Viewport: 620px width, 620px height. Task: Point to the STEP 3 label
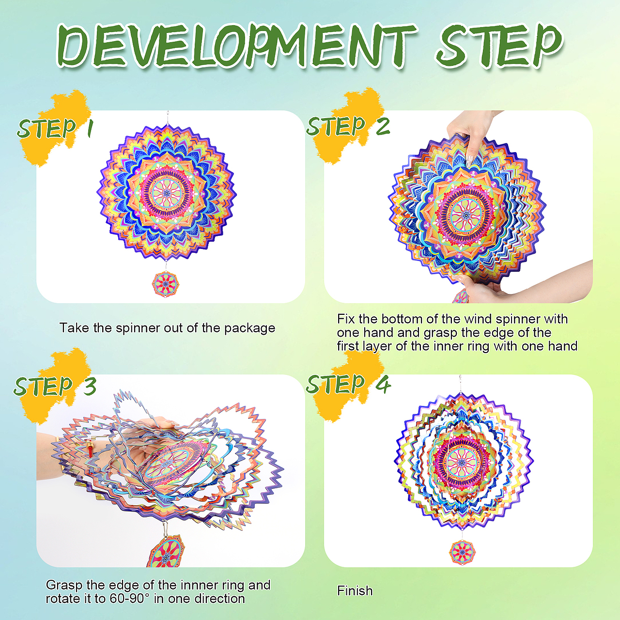(x=55, y=385)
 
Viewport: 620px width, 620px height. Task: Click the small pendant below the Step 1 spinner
(x=165, y=284)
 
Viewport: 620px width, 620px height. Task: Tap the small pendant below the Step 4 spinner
(x=462, y=552)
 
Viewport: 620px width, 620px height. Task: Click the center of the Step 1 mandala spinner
(x=166, y=193)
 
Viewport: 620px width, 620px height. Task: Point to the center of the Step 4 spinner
(x=462, y=463)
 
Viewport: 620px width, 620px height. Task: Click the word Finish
(x=355, y=591)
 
